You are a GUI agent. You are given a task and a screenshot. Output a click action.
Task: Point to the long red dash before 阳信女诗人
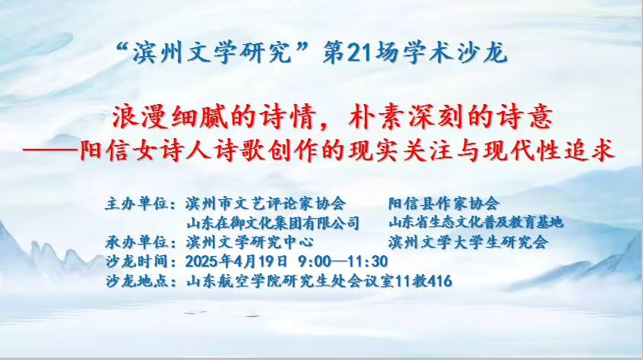point(50,150)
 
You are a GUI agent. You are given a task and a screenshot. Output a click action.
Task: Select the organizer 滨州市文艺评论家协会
point(266,204)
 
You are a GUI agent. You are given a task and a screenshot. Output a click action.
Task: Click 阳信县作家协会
point(444,204)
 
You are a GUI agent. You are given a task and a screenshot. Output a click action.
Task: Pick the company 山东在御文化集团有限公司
point(273,223)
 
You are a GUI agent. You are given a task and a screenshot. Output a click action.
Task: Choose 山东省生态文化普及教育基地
point(476,223)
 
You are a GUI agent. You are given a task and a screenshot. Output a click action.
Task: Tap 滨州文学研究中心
point(250,242)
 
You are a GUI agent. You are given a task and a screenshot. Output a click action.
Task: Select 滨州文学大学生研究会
point(468,242)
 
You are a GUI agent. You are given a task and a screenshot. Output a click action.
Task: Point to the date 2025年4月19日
point(236,261)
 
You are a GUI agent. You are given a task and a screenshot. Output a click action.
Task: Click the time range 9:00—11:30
point(343,261)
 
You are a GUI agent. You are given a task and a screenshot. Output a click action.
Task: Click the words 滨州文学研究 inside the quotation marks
point(211,54)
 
